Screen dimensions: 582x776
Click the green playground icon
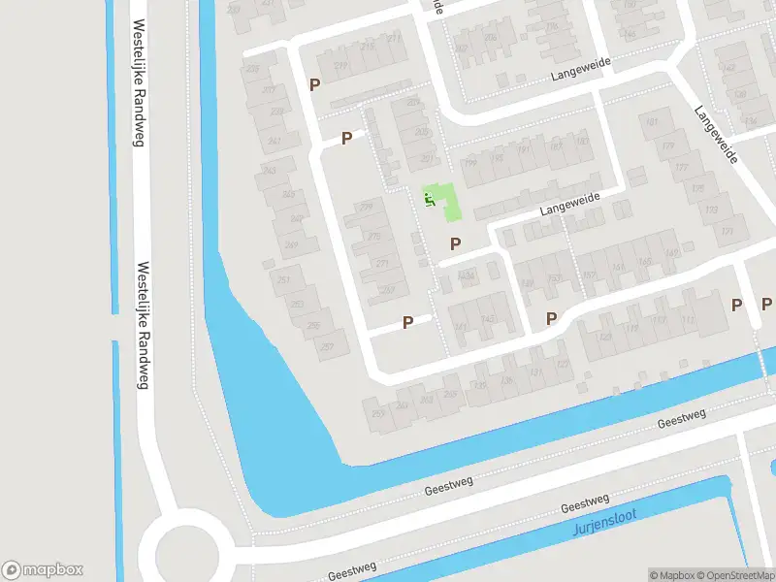point(429,200)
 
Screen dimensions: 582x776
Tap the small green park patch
point(444,201)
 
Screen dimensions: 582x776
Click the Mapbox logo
point(42,570)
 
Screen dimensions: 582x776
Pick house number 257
point(328,346)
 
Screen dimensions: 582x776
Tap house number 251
point(284,280)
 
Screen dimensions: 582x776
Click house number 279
point(366,207)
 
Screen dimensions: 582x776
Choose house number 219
point(339,66)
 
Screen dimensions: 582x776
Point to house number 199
point(469,162)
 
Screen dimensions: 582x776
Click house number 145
point(487,317)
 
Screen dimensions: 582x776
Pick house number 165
point(644,261)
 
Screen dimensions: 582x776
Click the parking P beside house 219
point(314,84)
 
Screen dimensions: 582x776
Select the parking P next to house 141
point(407,321)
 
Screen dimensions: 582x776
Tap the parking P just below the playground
point(455,242)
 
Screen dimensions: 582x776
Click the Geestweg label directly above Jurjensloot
point(585,504)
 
